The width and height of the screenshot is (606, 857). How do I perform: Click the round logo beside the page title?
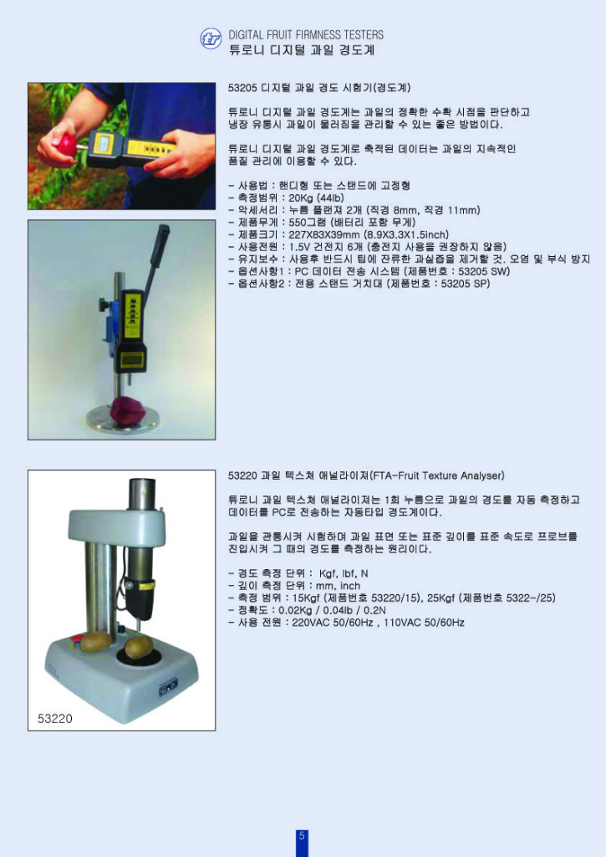211,39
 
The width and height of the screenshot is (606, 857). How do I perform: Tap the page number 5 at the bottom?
302,838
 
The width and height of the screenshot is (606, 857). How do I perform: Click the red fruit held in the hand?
64,146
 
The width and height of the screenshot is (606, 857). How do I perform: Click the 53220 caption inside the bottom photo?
55,717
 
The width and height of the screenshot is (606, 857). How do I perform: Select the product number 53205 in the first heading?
243,87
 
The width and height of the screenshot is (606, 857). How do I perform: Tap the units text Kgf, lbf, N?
344,573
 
